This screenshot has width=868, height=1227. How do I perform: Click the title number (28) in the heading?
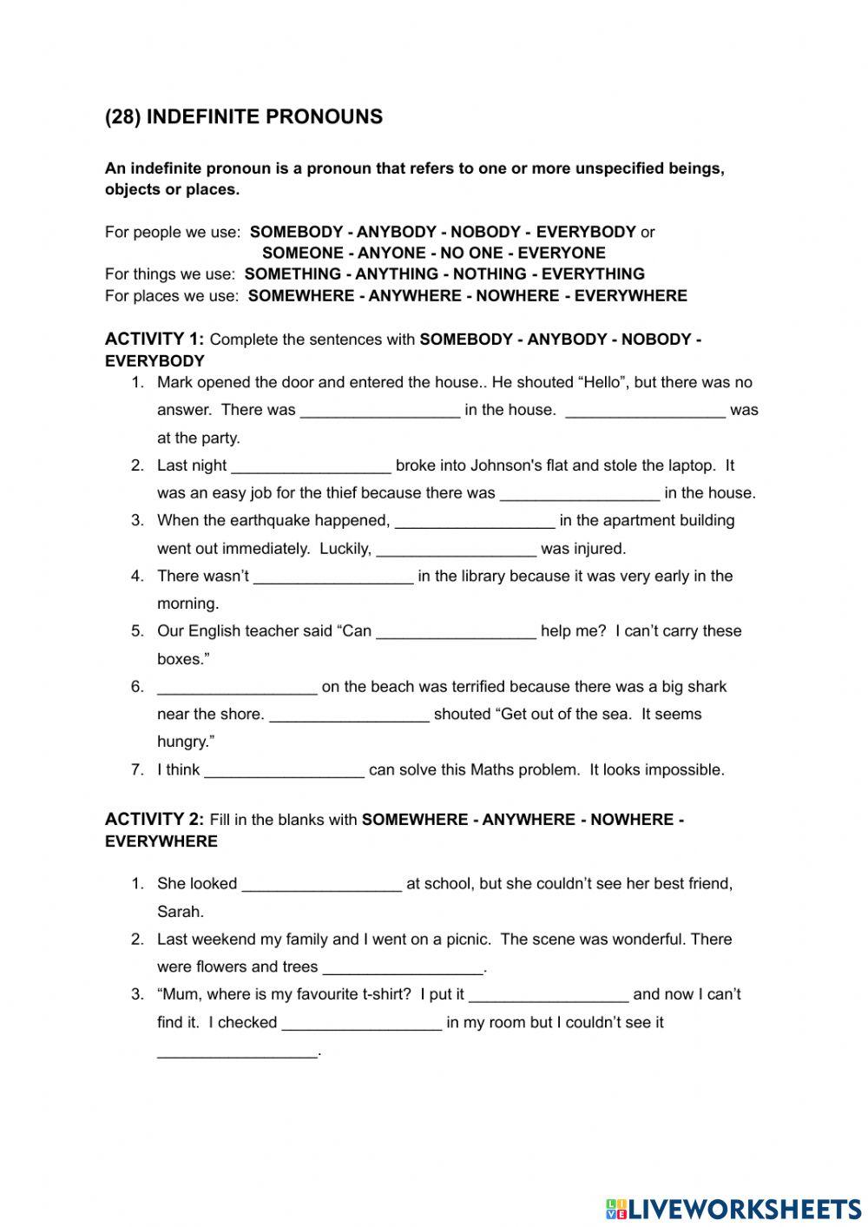(123, 117)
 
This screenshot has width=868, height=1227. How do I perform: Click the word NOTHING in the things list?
(492, 274)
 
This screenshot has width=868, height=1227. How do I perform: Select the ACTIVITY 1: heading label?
(155, 339)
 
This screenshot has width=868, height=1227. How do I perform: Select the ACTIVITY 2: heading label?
(155, 819)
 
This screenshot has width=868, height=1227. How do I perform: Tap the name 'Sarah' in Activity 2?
(180, 911)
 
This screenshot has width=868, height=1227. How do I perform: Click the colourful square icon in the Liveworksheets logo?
(616, 1209)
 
